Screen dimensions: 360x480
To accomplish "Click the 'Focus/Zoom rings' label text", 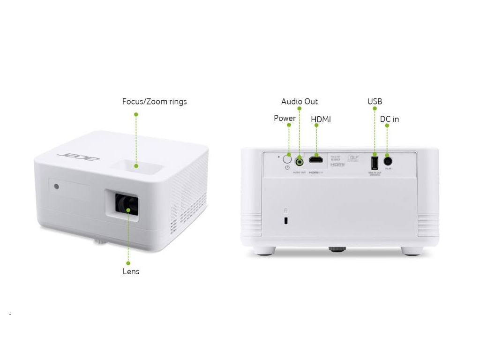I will [x=154, y=102].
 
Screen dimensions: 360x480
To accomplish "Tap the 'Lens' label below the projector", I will [x=131, y=271].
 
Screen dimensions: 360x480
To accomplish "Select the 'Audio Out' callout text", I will [x=299, y=102].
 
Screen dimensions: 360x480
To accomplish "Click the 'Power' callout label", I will [x=285, y=119].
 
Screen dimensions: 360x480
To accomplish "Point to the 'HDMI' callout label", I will [x=321, y=120].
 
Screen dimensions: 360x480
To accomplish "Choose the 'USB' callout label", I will [x=375, y=102].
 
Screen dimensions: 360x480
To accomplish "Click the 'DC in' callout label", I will [x=389, y=120].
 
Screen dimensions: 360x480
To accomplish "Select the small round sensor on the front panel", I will [x=57, y=187].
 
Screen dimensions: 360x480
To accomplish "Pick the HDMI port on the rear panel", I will [x=317, y=161].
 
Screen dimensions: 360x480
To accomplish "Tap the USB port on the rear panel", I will [x=375, y=162].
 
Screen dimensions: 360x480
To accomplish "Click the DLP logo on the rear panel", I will [x=352, y=158].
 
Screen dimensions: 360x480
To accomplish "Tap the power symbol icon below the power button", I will [x=288, y=167].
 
